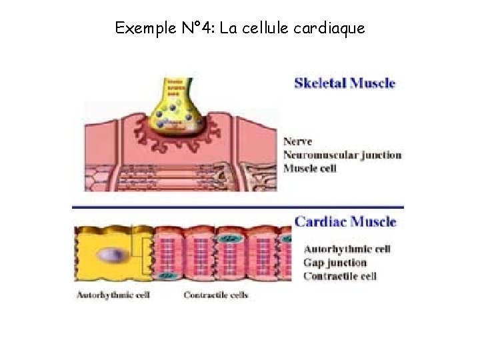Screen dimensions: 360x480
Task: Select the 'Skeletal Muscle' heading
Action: click(345, 83)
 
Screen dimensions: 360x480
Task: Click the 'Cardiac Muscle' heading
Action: click(345, 222)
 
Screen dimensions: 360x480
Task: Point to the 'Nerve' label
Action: click(297, 142)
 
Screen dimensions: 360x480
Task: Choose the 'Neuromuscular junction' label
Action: click(342, 155)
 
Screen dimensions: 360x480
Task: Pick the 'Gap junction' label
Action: click(335, 263)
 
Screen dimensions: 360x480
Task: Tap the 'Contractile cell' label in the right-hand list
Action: click(340, 276)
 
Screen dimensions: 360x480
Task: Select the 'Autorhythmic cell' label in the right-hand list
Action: click(347, 249)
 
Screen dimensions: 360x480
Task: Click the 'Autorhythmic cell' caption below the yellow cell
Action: click(113, 295)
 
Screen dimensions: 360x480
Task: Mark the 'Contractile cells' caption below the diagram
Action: click(215, 295)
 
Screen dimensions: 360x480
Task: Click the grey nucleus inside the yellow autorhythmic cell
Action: click(109, 255)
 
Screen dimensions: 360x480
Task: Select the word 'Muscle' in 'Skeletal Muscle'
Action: click(371, 83)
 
